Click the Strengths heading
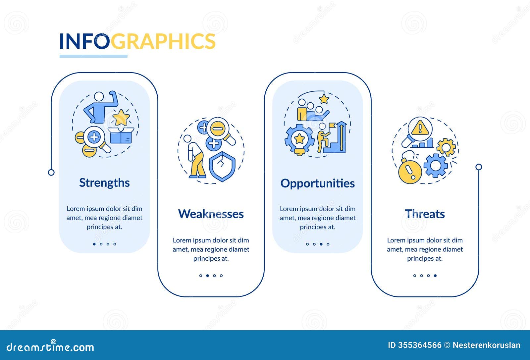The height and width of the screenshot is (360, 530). pyautogui.click(x=104, y=183)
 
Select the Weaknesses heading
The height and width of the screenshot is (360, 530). pyautogui.click(x=211, y=214)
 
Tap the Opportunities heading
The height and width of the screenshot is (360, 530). pyautogui.click(x=317, y=183)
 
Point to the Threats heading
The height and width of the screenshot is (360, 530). pyautogui.click(x=425, y=214)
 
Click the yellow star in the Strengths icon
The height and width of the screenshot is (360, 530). pyautogui.click(x=121, y=117)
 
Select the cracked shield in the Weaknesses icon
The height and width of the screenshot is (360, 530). pyautogui.click(x=222, y=167)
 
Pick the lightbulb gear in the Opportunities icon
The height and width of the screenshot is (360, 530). pyautogui.click(x=299, y=139)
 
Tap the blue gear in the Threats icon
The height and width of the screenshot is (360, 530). pyautogui.click(x=435, y=165)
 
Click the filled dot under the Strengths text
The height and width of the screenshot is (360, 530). pyautogui.click(x=94, y=244)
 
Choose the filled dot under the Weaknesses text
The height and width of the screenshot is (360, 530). pyautogui.click(x=207, y=276)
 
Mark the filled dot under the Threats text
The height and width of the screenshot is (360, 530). pyautogui.click(x=435, y=276)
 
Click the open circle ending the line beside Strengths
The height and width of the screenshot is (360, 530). pyautogui.click(x=51, y=172)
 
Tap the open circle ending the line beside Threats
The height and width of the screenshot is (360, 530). pyautogui.click(x=479, y=167)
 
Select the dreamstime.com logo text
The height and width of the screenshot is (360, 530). pyautogui.click(x=50, y=347)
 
